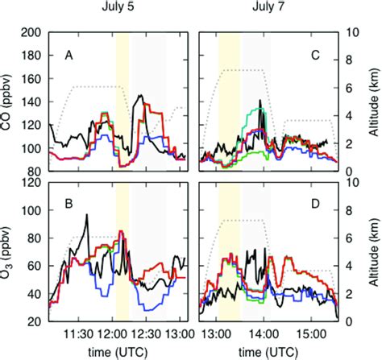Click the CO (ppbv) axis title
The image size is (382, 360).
pyautogui.click(x=10, y=102)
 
